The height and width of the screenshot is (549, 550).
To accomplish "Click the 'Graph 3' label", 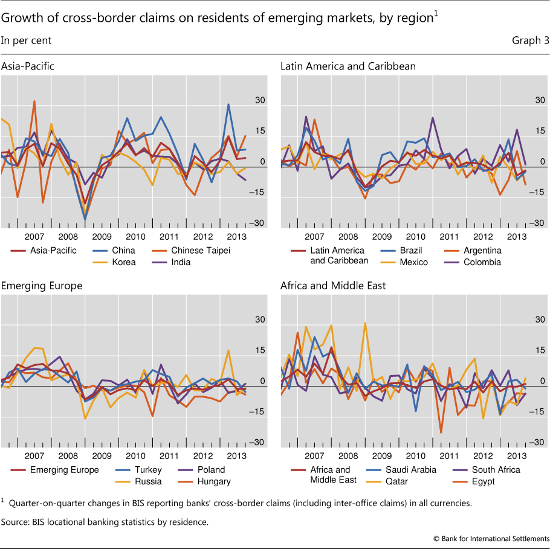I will [530, 41].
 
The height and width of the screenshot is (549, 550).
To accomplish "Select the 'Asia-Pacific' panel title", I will [28, 66].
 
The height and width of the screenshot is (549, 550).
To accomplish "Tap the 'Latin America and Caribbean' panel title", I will [348, 66].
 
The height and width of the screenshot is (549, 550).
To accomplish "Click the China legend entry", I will [124, 250].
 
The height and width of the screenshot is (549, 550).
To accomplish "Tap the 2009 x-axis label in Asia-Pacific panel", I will [102, 237].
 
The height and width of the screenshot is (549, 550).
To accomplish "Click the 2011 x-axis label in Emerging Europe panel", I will [169, 457].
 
